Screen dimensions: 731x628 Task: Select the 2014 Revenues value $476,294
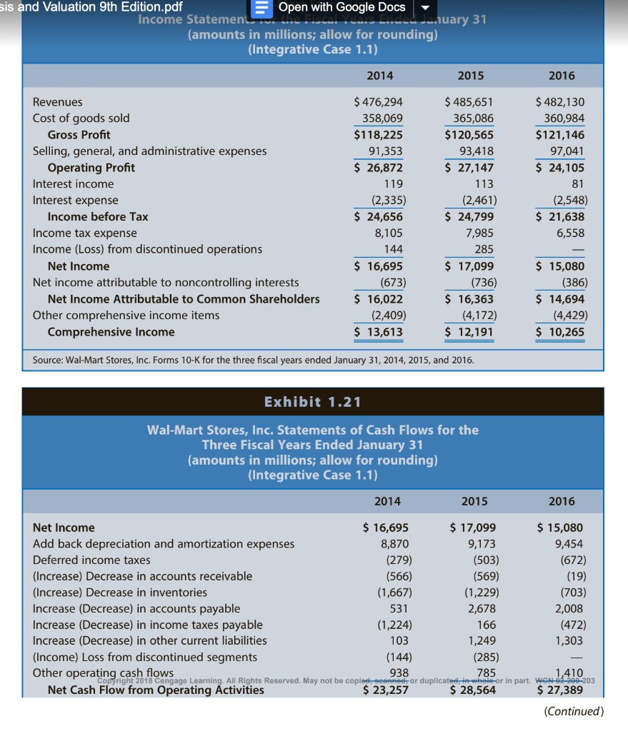pyautogui.click(x=379, y=102)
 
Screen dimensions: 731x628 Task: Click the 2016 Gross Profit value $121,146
pyautogui.click(x=559, y=135)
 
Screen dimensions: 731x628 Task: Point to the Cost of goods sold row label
pyautogui.click(x=81, y=119)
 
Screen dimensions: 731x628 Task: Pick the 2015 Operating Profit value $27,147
pyautogui.click(x=469, y=168)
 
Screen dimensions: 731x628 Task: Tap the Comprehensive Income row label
pyautogui.click(x=111, y=332)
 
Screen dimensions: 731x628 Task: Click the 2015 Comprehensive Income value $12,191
pyautogui.click(x=469, y=332)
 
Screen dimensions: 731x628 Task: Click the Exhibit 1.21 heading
pyautogui.click(x=312, y=402)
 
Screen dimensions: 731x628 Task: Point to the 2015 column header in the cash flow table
pyautogui.click(x=474, y=501)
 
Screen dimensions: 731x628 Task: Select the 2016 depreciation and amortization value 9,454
pyautogui.click(x=569, y=544)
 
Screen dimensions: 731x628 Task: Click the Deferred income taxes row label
pyautogui.click(x=91, y=560)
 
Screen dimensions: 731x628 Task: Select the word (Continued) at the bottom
pyautogui.click(x=574, y=711)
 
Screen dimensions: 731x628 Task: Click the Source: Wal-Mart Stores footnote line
pyautogui.click(x=254, y=360)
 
